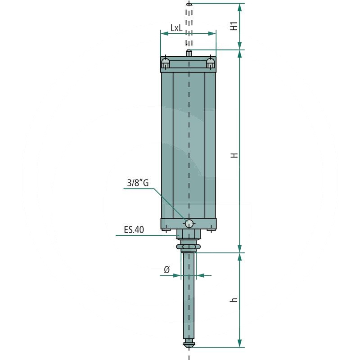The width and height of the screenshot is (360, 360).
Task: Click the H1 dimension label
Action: point(234,26)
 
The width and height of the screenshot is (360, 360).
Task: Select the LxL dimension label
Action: point(176,28)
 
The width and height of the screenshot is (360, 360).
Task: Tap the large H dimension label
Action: point(234,155)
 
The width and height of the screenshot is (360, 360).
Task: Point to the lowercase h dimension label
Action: point(234,299)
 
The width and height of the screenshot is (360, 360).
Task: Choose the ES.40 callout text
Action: point(134,230)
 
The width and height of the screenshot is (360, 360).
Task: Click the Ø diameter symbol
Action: point(166,270)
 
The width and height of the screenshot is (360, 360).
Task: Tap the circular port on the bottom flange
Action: point(189,223)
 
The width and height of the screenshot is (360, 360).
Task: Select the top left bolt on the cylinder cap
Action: point(166,63)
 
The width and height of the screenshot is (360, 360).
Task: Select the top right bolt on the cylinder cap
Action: point(210,63)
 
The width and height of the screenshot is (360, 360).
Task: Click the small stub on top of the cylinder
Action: point(189,53)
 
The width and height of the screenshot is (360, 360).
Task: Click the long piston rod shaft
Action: point(189,297)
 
